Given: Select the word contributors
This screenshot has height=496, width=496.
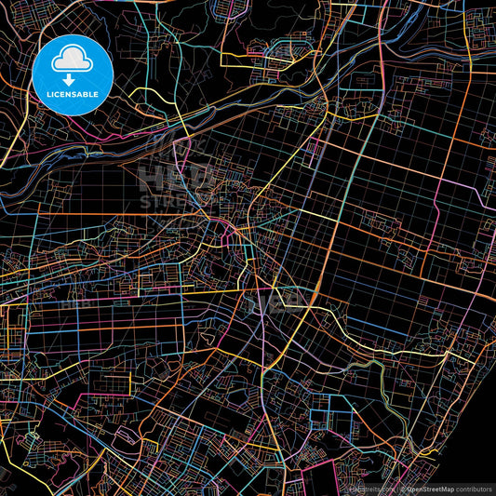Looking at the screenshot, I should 470,488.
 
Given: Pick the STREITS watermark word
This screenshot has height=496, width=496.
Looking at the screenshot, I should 181,200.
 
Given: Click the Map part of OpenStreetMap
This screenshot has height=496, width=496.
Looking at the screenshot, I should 440,488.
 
